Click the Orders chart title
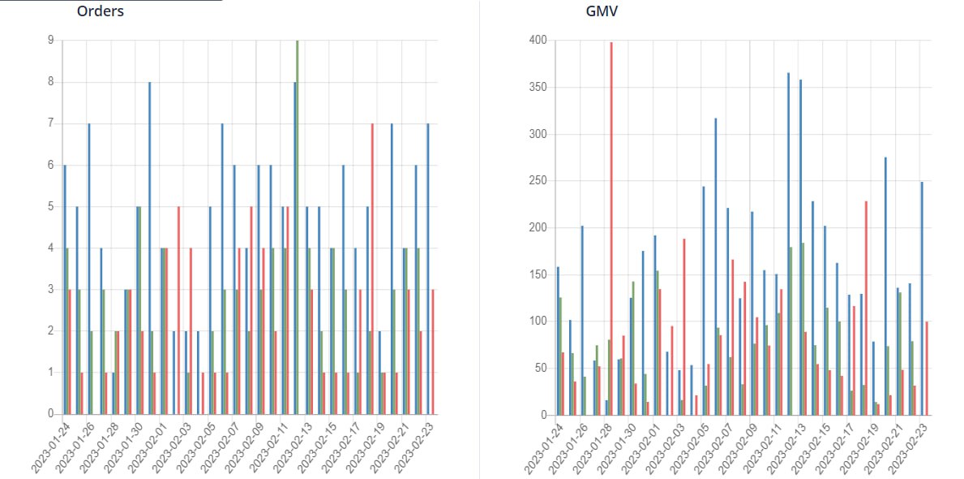click(x=100, y=11)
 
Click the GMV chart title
click(x=601, y=11)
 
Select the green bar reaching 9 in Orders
click(x=298, y=227)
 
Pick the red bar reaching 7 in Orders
click(x=372, y=269)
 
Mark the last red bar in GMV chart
click(x=927, y=369)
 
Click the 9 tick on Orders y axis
click(x=51, y=40)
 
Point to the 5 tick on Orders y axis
click(x=51, y=206)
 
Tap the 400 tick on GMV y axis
click(x=538, y=40)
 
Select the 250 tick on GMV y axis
click(x=538, y=180)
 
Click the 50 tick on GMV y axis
click(x=541, y=368)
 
